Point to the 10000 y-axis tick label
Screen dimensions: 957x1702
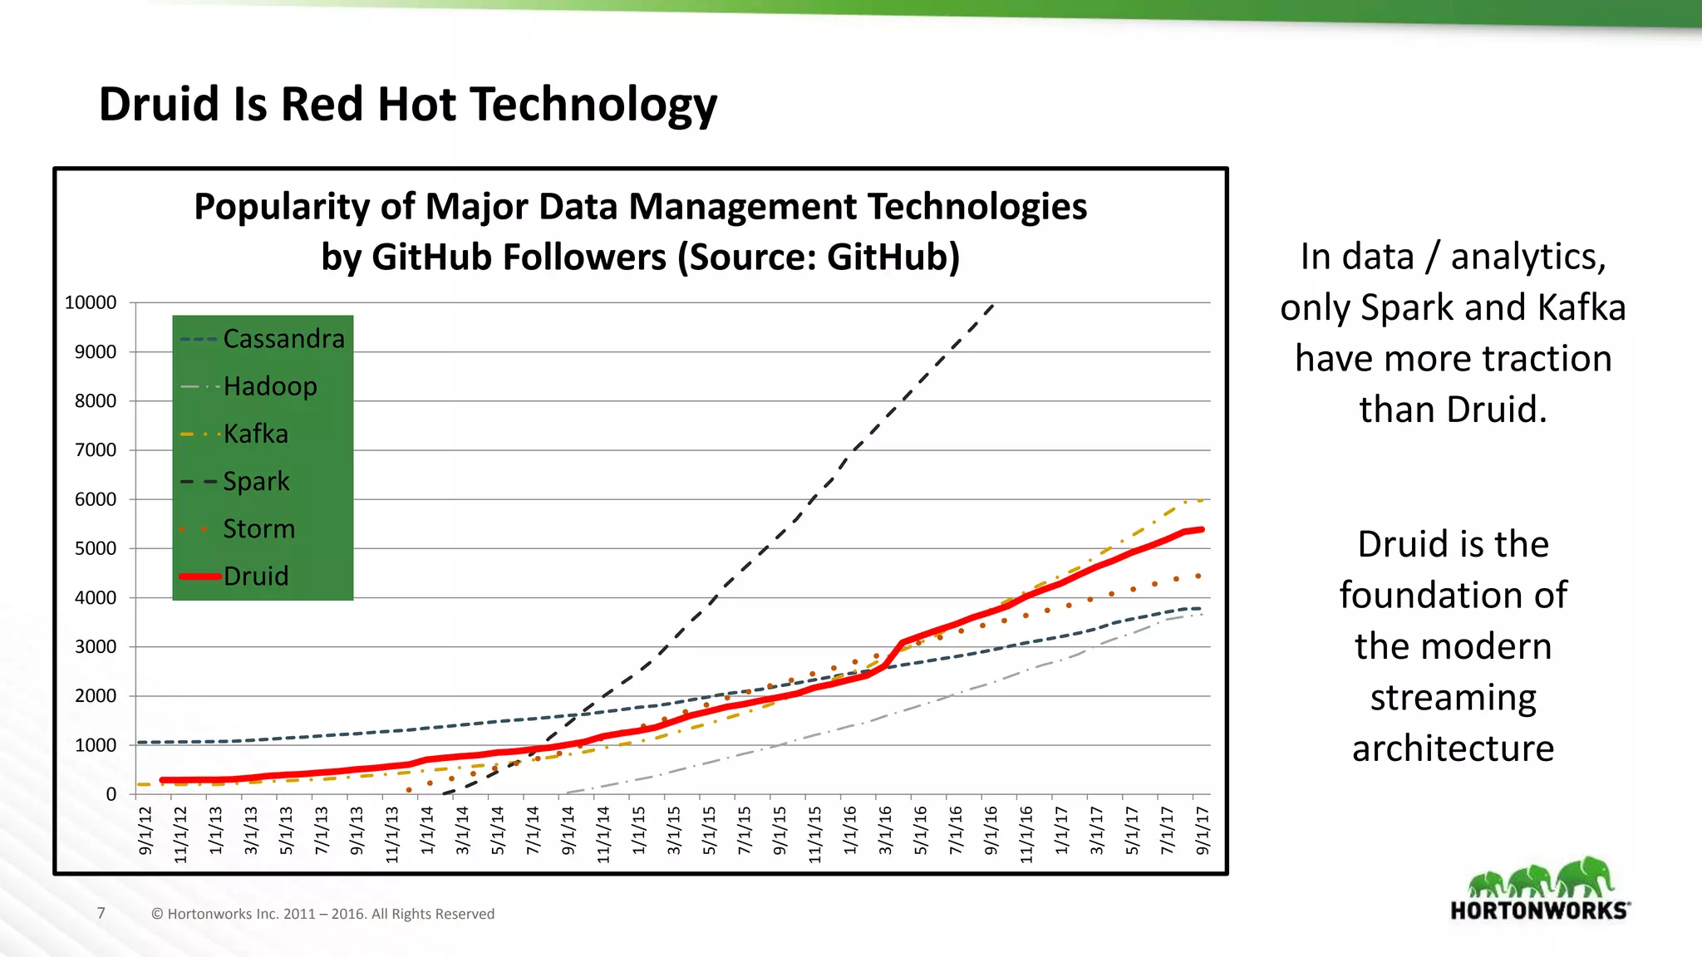pyautogui.click(x=91, y=302)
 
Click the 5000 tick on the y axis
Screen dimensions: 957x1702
pyautogui.click(x=96, y=548)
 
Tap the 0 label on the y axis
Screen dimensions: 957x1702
pyautogui.click(x=111, y=794)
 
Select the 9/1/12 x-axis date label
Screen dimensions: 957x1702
pyautogui.click(x=146, y=830)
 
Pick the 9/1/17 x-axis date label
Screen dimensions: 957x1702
pyautogui.click(x=1203, y=830)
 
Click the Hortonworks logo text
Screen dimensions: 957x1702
pyautogui.click(x=1538, y=910)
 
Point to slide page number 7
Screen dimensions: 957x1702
pyautogui.click(x=101, y=913)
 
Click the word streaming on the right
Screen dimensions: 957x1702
pyautogui.click(x=1453, y=697)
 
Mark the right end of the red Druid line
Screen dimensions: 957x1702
pyautogui.click(x=1202, y=529)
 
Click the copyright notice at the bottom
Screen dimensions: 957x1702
pyautogui.click(x=322, y=914)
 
